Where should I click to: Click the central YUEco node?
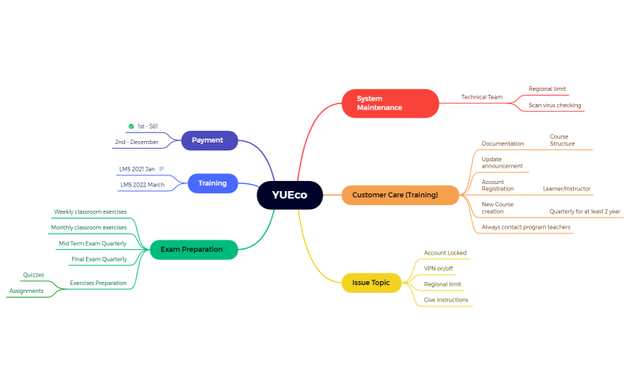pyautogui.click(x=290, y=195)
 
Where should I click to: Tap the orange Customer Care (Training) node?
pyautogui.click(x=399, y=195)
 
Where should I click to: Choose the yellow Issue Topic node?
pyautogui.click(x=371, y=282)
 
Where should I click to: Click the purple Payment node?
pyautogui.click(x=209, y=140)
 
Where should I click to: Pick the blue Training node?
pyautogui.click(x=212, y=183)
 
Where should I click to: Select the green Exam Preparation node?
pyautogui.click(x=193, y=250)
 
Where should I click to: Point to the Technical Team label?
pyautogui.click(x=481, y=97)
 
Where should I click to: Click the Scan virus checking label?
pyautogui.click(x=554, y=105)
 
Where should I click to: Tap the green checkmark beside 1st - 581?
pyautogui.click(x=131, y=126)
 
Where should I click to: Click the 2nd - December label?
pyautogui.click(x=136, y=143)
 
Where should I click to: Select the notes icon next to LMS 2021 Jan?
pyautogui.click(x=162, y=169)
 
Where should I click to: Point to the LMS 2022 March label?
pyautogui.click(x=142, y=185)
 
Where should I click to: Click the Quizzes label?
pyautogui.click(x=34, y=275)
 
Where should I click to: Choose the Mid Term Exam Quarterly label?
pyautogui.click(x=92, y=244)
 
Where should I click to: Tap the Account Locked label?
pyautogui.click(x=445, y=253)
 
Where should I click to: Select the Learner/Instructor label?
pyautogui.click(x=567, y=189)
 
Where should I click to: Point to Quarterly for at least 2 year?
pyautogui.click(x=584, y=211)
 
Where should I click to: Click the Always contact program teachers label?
pyautogui.click(x=526, y=227)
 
